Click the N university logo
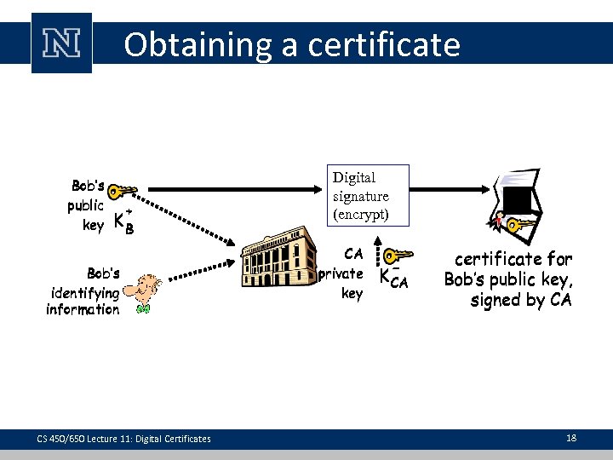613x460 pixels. pyautogui.click(x=61, y=43)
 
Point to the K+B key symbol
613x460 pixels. pyautogui.click(x=124, y=221)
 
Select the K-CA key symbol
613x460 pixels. pyautogui.click(x=393, y=277)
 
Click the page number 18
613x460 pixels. pyautogui.click(x=571, y=438)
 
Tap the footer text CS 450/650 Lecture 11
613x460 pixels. pyautogui.click(x=123, y=439)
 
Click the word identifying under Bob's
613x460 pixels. pyautogui.click(x=85, y=292)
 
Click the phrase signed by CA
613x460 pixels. pyautogui.click(x=521, y=300)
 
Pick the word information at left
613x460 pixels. pyautogui.click(x=83, y=310)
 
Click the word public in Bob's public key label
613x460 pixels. pyautogui.click(x=85, y=205)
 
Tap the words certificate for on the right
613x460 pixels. pyautogui.click(x=513, y=258)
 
